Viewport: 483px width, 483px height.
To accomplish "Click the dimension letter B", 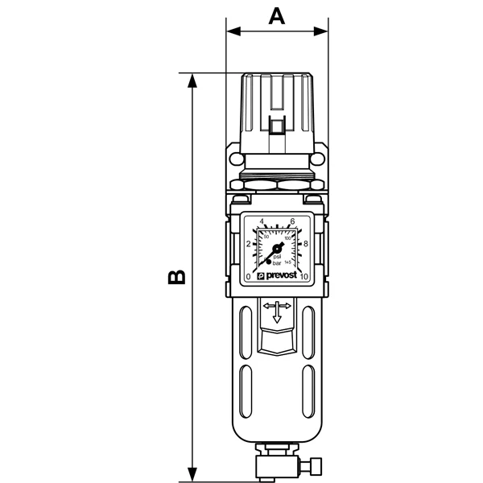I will (177, 276).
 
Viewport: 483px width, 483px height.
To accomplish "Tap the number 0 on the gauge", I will (249, 278).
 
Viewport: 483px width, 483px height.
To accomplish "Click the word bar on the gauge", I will (278, 264).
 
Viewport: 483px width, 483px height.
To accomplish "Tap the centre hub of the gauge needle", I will (276, 249).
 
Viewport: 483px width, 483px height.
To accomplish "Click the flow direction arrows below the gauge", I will (278, 310).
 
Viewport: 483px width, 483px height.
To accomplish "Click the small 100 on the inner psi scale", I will (287, 237).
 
